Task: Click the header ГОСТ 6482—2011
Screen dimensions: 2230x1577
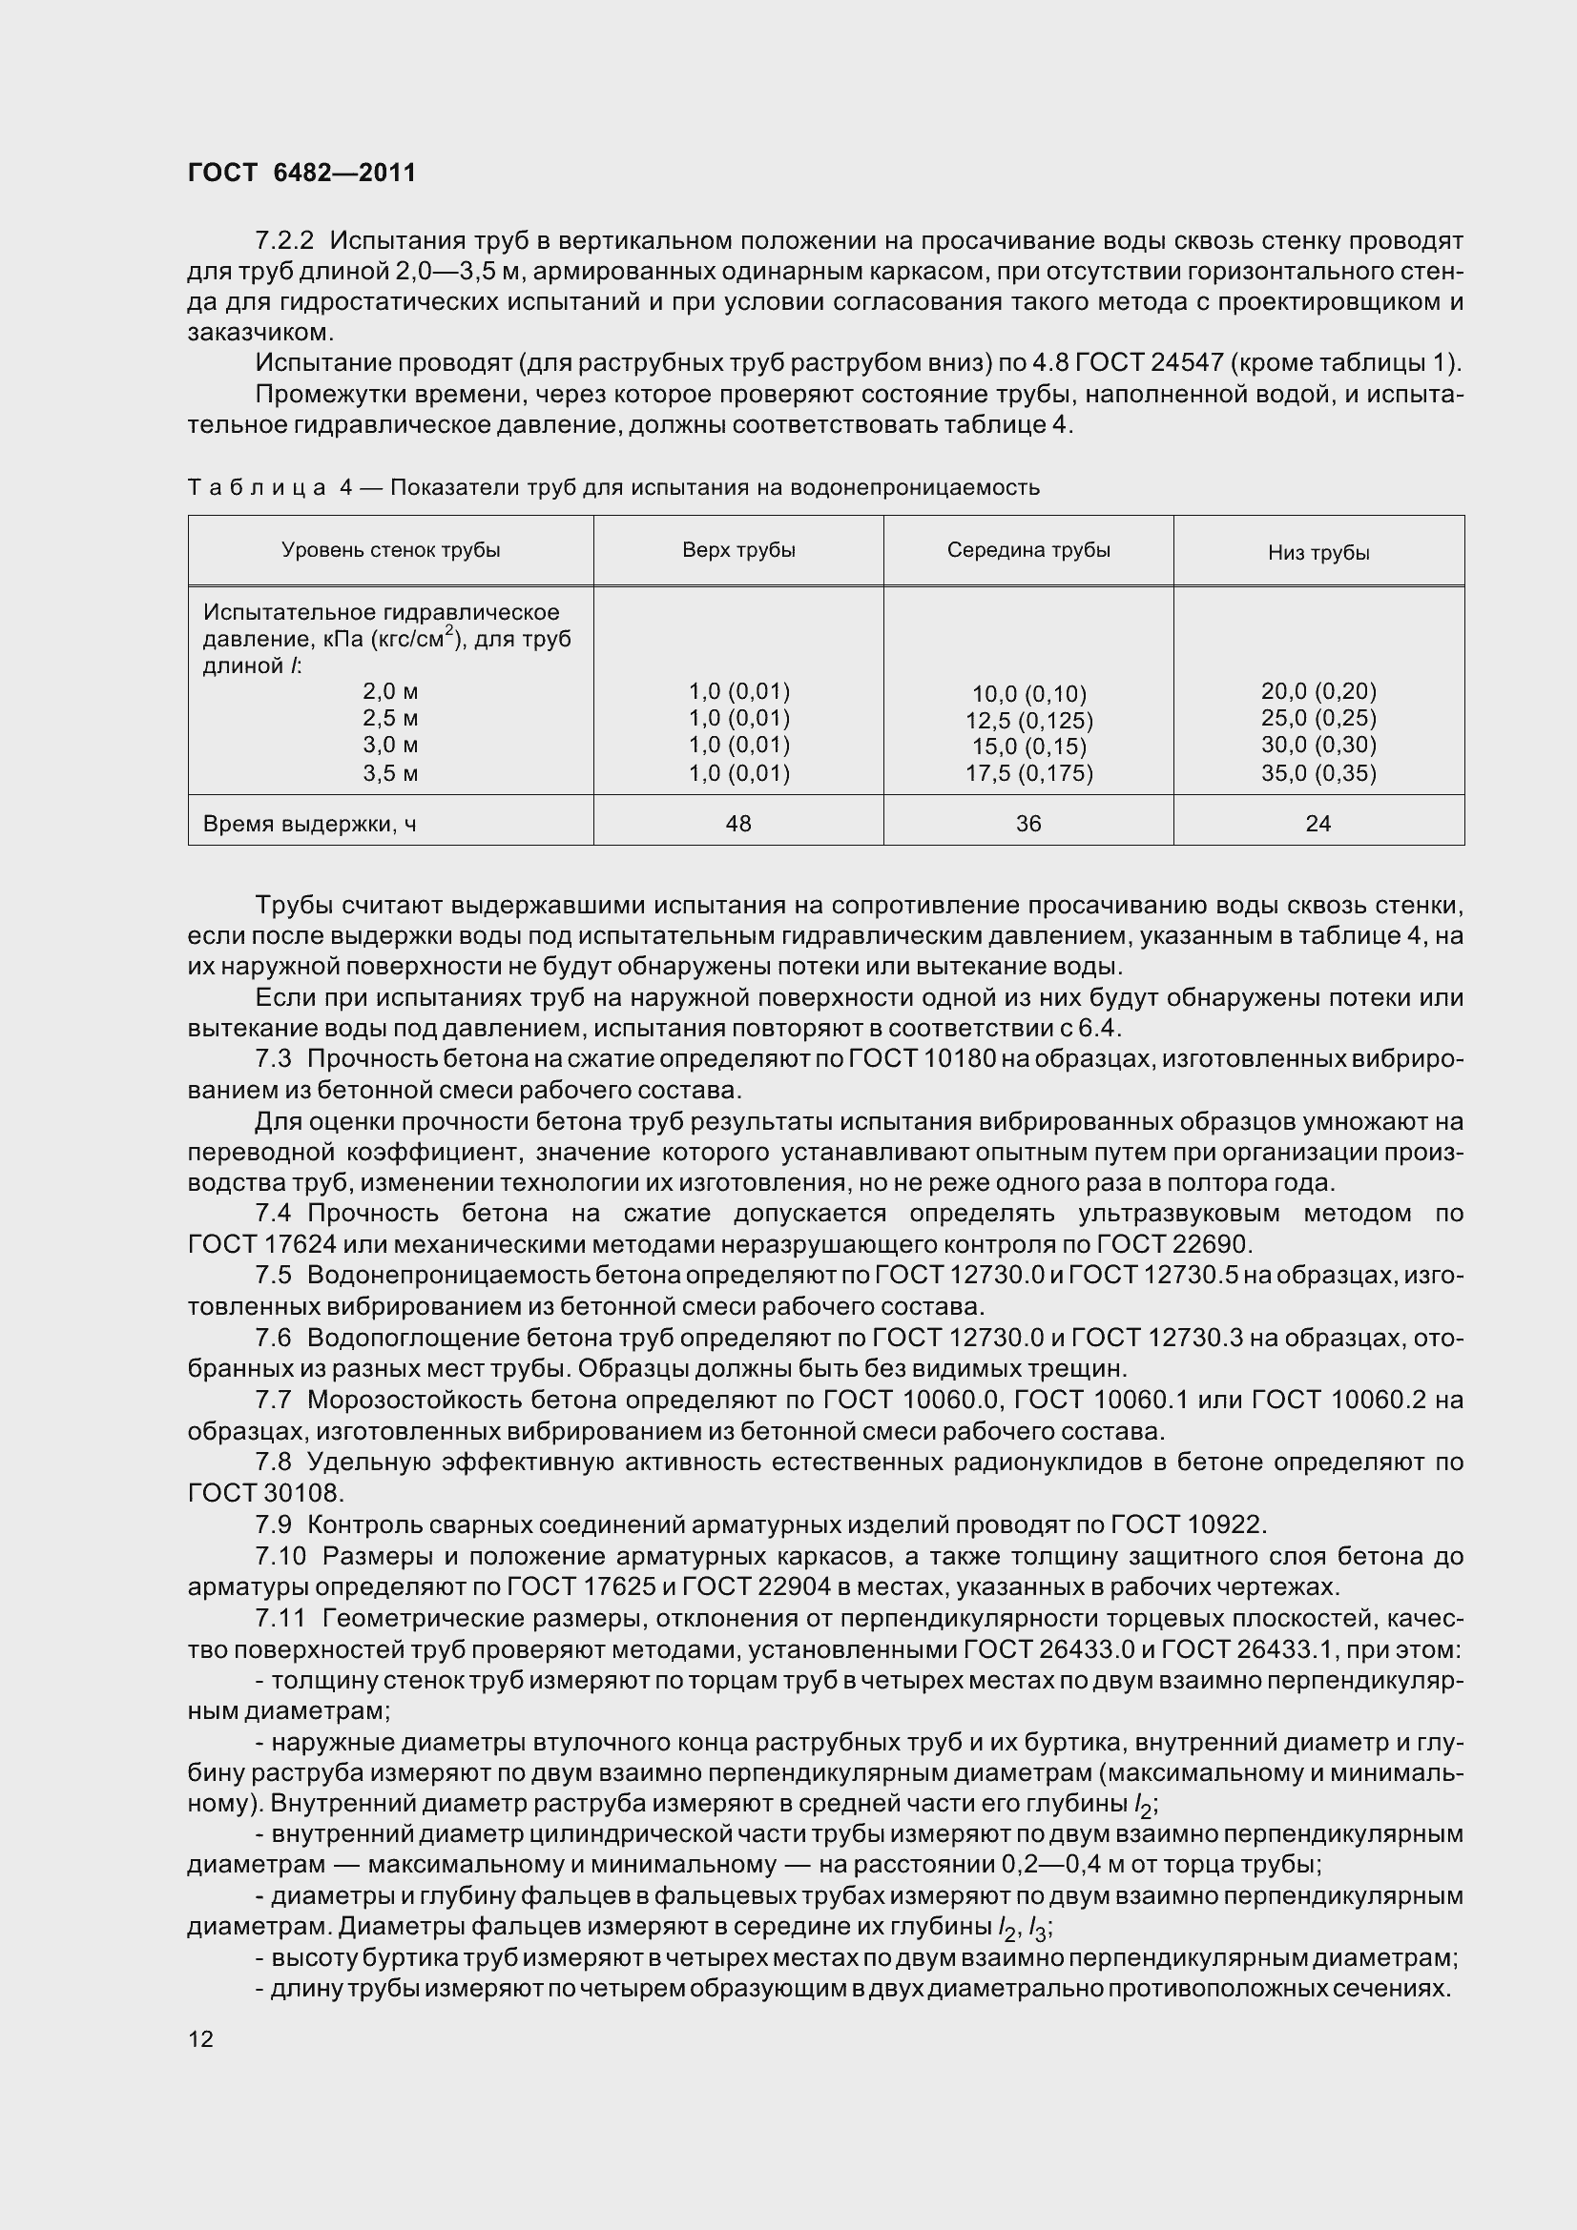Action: (301, 173)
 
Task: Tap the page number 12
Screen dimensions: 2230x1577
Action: (200, 2038)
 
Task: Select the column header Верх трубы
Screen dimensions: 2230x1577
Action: (738, 551)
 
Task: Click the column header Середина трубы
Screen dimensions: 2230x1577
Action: (1028, 551)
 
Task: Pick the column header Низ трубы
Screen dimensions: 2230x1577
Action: (1318, 554)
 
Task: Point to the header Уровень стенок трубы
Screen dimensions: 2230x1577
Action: (390, 551)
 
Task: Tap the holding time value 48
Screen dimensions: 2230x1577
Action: (738, 824)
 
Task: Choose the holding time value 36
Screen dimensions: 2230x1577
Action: (1028, 824)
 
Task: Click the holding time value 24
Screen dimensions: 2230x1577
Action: (1318, 824)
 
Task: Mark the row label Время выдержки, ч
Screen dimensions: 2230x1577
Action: (310, 825)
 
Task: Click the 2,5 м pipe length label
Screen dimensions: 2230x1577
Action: (390, 719)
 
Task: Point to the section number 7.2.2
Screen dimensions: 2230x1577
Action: (284, 240)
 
